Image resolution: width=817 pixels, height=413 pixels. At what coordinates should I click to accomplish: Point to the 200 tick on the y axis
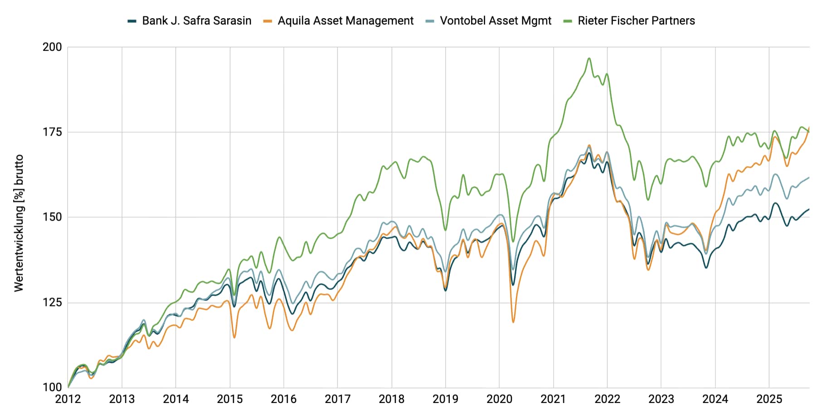52,47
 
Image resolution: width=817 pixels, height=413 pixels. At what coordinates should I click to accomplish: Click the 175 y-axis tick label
52,132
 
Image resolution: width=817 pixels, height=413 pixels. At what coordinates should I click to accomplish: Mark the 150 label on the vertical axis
52,217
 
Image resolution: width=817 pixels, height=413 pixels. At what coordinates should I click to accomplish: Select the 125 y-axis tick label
52,302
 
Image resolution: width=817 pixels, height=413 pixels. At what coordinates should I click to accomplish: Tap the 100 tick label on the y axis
52,387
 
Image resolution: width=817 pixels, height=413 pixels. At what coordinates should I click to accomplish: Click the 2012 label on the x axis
68,399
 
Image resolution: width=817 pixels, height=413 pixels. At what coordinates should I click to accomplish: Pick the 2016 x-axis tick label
283,399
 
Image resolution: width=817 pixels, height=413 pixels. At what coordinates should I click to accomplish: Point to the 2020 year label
499,399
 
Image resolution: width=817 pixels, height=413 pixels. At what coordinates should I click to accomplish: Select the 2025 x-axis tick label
769,399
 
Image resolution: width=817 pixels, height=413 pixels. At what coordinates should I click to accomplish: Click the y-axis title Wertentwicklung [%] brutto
19,222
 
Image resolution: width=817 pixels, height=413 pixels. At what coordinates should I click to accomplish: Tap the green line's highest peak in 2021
589,58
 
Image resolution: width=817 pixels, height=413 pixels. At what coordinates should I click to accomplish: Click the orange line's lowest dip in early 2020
513,322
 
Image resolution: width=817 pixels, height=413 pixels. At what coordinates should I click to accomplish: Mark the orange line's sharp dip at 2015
234,337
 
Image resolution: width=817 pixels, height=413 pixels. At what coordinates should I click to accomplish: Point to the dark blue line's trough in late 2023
706,268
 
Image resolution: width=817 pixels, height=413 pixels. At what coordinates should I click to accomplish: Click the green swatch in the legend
567,21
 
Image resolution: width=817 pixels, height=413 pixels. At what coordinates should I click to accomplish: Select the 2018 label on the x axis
391,399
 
